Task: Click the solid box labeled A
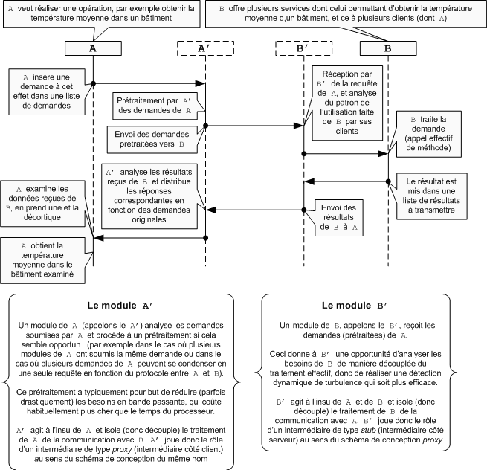93,48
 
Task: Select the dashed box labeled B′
303,48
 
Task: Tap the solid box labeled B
387,48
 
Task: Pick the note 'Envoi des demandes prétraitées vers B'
151,138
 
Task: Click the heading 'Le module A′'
120,305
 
